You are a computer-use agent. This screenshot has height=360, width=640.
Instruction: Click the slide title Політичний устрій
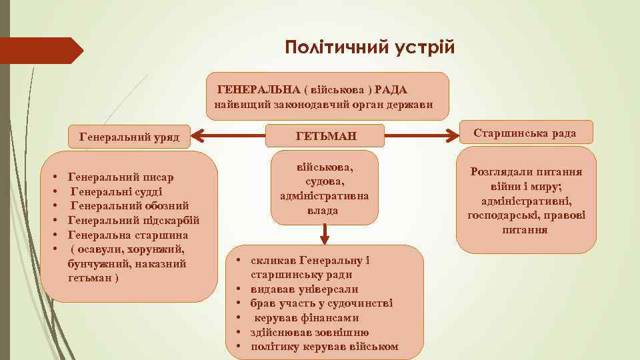coord(369,48)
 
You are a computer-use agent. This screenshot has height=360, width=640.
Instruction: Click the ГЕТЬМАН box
coord(326,137)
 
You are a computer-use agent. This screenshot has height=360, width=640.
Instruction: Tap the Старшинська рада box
coord(525,133)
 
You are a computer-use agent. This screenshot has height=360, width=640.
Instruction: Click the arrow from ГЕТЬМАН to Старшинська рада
coord(424,137)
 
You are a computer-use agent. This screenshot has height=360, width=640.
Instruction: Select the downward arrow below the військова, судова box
coord(324,233)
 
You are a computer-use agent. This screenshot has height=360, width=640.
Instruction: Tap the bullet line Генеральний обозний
coord(130,206)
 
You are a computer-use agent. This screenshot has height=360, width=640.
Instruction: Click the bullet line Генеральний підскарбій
coord(133,221)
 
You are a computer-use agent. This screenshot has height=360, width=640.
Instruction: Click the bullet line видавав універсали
coord(304,289)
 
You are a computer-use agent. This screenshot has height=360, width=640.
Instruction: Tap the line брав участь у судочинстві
coord(321,303)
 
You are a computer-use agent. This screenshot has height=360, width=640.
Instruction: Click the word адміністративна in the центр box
coord(325,196)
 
